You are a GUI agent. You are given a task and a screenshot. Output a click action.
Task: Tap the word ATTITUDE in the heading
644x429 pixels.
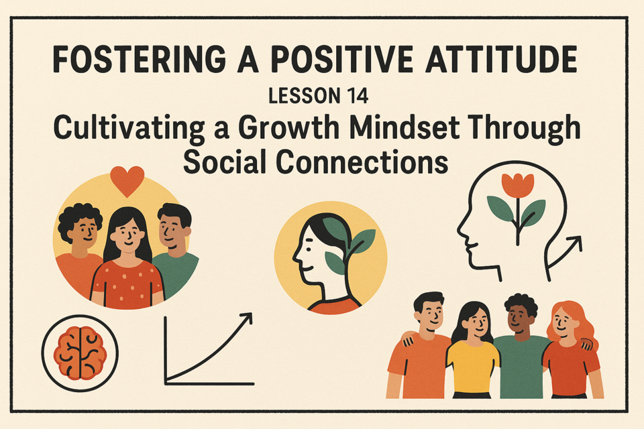pyautogui.click(x=501, y=60)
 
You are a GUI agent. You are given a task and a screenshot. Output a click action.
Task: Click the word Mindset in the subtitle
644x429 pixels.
pyautogui.click(x=405, y=127)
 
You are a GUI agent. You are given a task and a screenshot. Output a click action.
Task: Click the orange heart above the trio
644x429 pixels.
pyautogui.click(x=127, y=180)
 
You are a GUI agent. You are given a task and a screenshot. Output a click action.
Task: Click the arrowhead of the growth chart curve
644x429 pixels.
pyautogui.click(x=246, y=319)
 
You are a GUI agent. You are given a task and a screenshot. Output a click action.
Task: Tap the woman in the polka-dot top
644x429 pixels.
pyautogui.click(x=127, y=259)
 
